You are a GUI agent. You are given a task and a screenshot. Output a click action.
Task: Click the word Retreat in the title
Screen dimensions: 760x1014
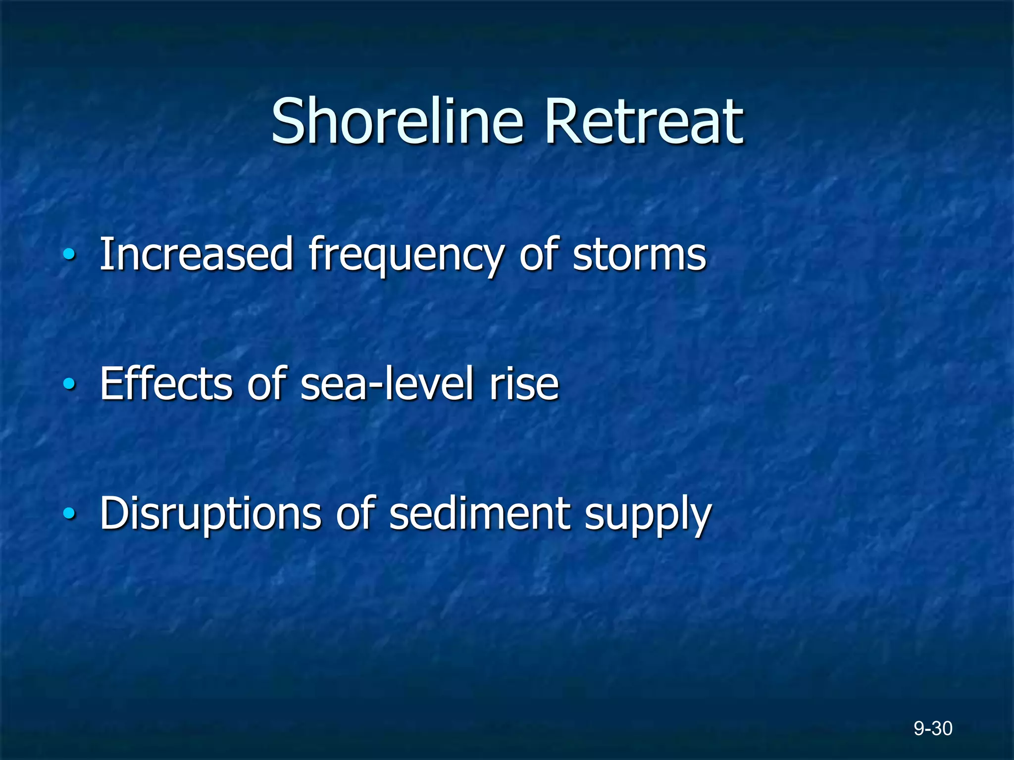(x=644, y=121)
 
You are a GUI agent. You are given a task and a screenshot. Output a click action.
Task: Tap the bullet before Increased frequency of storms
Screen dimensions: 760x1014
(x=69, y=255)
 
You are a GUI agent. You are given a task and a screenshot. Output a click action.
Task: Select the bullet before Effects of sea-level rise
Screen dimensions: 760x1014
(x=69, y=384)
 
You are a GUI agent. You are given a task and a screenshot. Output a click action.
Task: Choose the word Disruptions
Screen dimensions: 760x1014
(x=210, y=515)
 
